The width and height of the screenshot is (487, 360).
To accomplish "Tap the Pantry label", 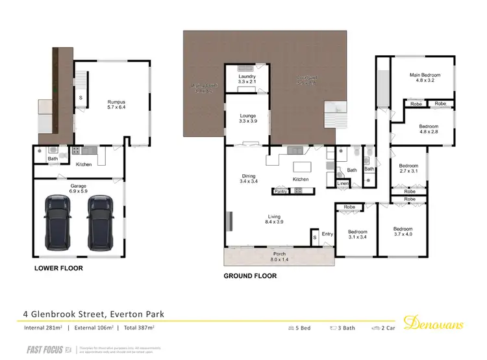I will tap(281, 192).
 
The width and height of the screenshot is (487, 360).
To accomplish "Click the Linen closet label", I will tap(342, 184).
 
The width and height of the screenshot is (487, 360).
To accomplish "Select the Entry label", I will tap(327, 234).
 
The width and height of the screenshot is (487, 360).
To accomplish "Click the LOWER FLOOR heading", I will tap(58, 268).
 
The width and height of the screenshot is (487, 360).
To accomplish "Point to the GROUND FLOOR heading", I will tap(250, 276).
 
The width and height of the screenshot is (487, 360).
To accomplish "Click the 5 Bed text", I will tap(301, 328).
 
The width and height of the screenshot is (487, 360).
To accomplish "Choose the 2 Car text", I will tap(384, 328).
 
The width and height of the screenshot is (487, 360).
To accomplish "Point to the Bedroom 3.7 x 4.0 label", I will tap(403, 232).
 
